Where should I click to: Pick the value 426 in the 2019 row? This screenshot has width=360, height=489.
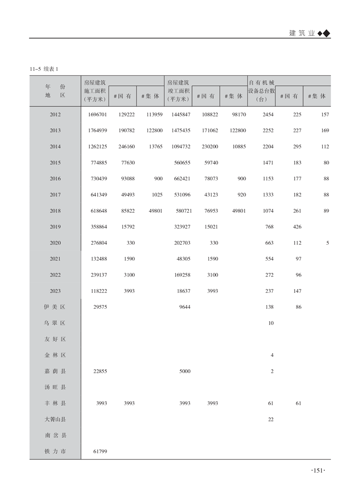(297, 227)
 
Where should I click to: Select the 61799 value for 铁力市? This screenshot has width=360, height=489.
(99, 452)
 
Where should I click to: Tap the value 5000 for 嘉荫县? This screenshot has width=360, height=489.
(184, 371)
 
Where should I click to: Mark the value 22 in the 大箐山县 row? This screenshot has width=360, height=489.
(271, 420)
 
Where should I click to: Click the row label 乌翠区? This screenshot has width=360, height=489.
(55, 323)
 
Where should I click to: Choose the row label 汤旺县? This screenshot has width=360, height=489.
(55, 387)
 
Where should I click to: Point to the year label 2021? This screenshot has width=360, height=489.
(55, 259)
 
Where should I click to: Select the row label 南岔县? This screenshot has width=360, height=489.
(55, 435)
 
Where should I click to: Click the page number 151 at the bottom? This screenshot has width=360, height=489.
(318, 471)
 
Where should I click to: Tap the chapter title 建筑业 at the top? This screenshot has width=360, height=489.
(301, 33)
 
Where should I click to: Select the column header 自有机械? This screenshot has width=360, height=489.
(262, 83)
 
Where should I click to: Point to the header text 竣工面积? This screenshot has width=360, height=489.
(178, 90)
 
